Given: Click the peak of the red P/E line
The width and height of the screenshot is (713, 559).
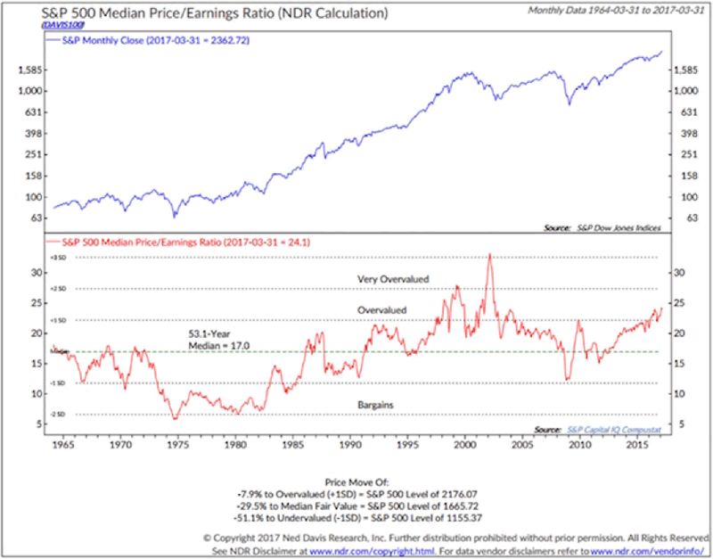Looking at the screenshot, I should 488,255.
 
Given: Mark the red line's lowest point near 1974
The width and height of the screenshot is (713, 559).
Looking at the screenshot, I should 175,418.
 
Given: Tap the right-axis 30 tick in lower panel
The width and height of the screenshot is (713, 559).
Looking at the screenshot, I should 676,273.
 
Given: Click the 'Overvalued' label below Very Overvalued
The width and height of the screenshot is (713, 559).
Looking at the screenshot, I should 381,310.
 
